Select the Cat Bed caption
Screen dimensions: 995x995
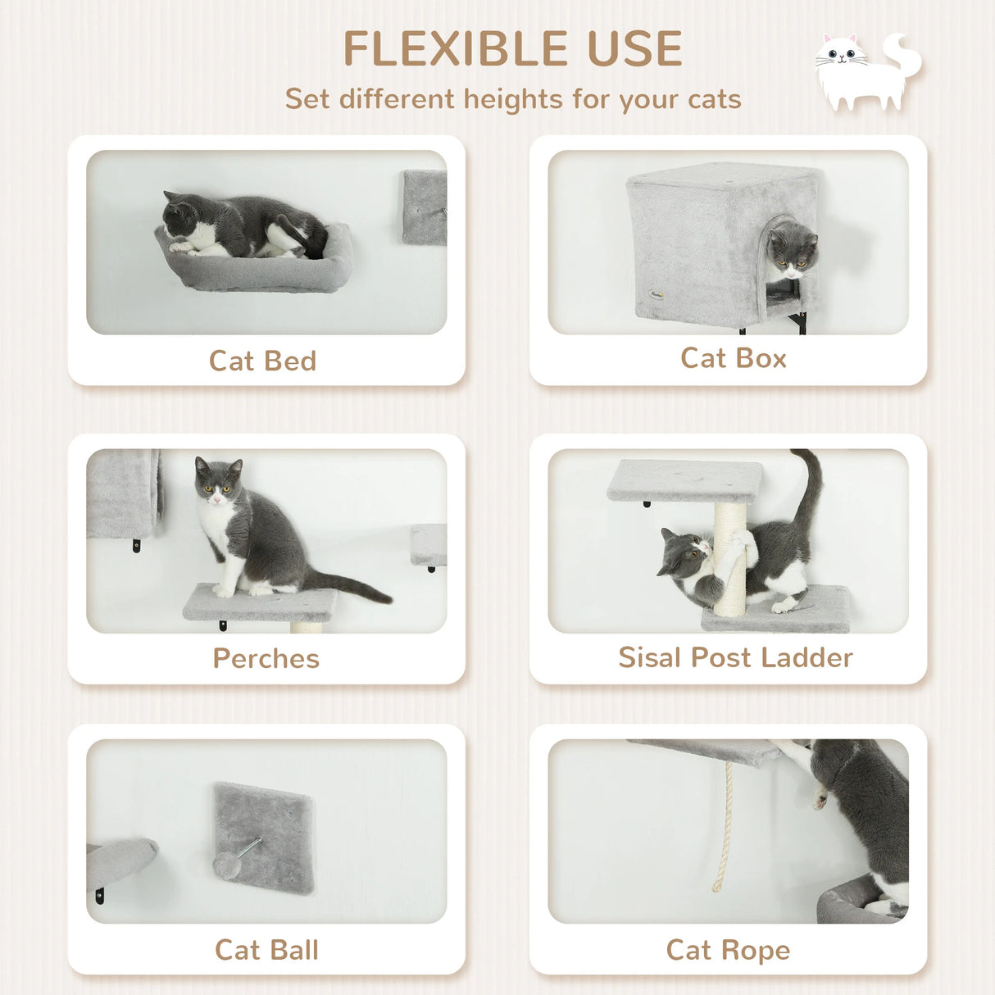tap(262, 361)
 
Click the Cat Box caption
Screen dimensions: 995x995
tap(733, 358)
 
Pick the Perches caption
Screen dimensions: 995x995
tap(266, 658)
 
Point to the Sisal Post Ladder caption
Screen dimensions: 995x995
tap(735, 657)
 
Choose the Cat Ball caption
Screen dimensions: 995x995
tap(266, 950)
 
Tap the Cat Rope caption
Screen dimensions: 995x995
tap(728, 950)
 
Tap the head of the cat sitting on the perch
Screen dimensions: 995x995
tap(217, 481)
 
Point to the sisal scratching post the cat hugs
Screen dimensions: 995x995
tap(729, 557)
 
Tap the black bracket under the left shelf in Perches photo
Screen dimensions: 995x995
tap(136, 545)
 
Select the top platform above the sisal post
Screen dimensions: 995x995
tap(684, 480)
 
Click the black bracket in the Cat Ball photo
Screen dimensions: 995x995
tap(99, 896)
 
